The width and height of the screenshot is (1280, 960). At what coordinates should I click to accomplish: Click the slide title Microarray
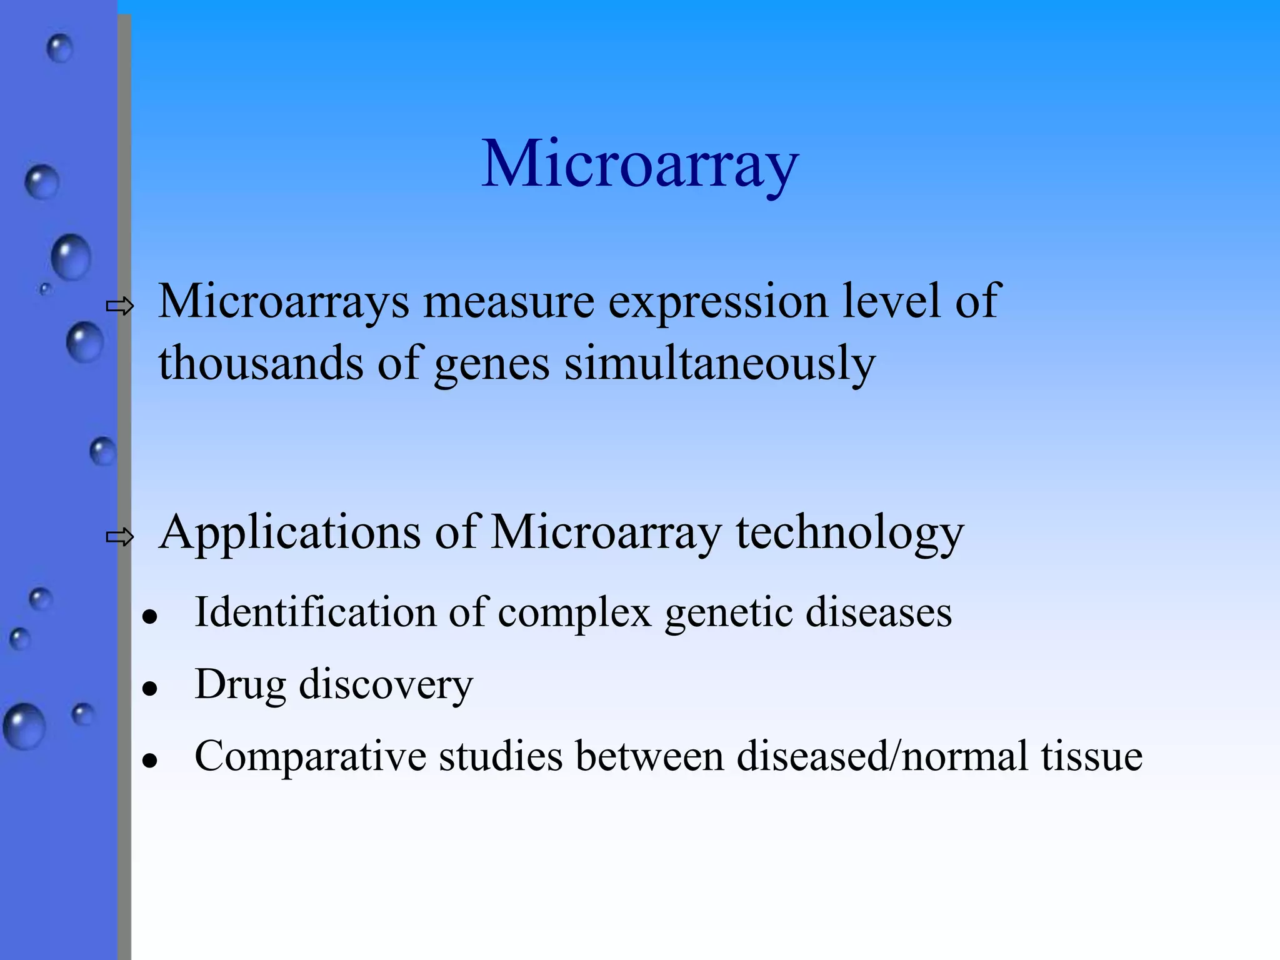pyautogui.click(x=640, y=164)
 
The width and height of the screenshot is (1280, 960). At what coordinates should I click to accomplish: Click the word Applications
pyautogui.click(x=289, y=533)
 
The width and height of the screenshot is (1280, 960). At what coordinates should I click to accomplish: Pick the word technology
pyautogui.click(x=849, y=533)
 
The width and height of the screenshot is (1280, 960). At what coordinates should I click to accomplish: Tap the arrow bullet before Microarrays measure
pyautogui.click(x=120, y=306)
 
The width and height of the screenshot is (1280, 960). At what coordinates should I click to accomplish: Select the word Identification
pyautogui.click(x=315, y=612)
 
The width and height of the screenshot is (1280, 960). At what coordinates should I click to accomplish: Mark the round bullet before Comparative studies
pyautogui.click(x=149, y=761)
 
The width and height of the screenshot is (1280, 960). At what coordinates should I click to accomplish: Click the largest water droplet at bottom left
pyautogui.click(x=24, y=726)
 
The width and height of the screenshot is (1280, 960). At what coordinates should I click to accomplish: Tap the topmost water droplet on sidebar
pyautogui.click(x=60, y=48)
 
